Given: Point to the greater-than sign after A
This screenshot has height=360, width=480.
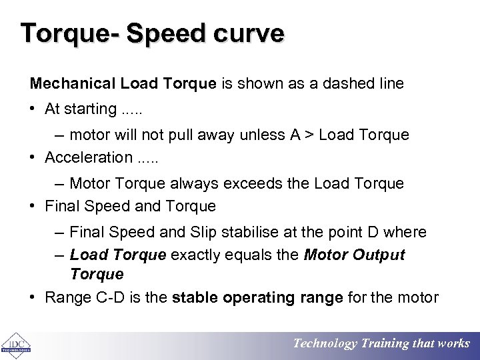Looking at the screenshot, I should point(309,135).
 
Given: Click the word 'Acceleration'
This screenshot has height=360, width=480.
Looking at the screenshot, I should point(89,157).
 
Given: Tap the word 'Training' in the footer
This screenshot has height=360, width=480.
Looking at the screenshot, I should point(385,343).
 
